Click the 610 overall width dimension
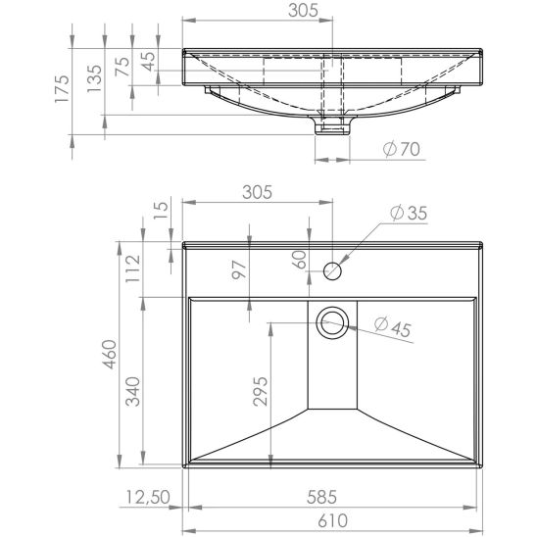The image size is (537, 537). pos(332,521)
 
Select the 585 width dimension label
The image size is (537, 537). pos(322,497)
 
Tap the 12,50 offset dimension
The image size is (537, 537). pos(148,497)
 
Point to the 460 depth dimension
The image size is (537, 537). pos(111,355)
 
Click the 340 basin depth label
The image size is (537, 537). pos(132,391)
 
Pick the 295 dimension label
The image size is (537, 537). pos(261,391)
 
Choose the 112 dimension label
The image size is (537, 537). pos(133,268)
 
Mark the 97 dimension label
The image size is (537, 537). pos(239,269)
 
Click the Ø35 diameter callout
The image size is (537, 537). pos(409,213)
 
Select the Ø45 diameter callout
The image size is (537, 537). pos(393,327)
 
